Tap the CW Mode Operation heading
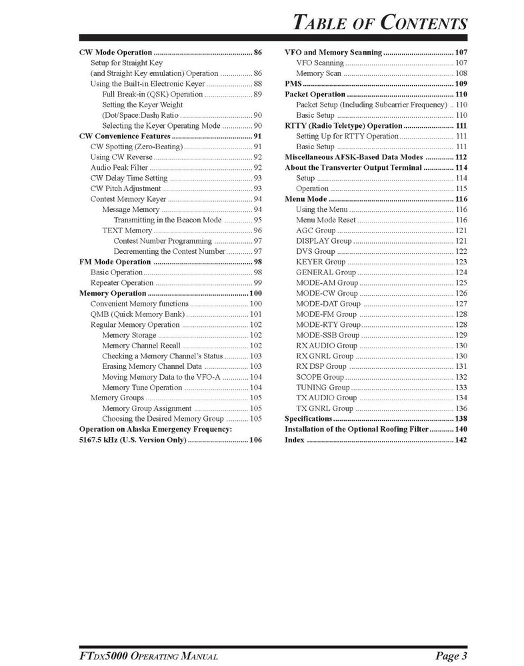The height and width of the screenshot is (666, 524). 115,52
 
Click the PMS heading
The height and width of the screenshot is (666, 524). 293,83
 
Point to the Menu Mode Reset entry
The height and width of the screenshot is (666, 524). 327,220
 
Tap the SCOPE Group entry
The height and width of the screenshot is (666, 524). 320,377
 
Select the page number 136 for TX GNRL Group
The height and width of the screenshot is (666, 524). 461,408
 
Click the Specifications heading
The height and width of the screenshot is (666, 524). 308,419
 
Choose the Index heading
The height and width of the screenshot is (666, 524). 294,440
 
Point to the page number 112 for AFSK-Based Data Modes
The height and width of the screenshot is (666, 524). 461,157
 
